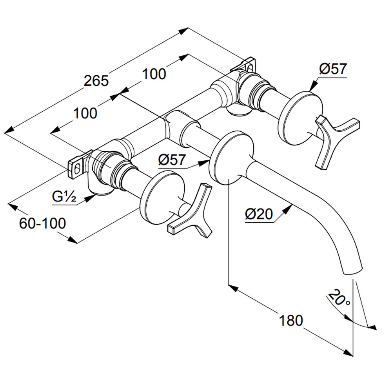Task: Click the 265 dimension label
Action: [x=97, y=81]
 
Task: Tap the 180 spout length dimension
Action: [x=291, y=321]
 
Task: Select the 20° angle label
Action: [x=339, y=299]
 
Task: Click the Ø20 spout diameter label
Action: [x=258, y=214]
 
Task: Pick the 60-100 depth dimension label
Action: [x=42, y=223]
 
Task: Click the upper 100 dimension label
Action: [x=154, y=74]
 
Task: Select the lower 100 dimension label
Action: [x=85, y=113]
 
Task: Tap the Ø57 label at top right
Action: [x=333, y=69]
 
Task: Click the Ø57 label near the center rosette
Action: [x=171, y=160]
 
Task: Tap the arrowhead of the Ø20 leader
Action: [x=290, y=207]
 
